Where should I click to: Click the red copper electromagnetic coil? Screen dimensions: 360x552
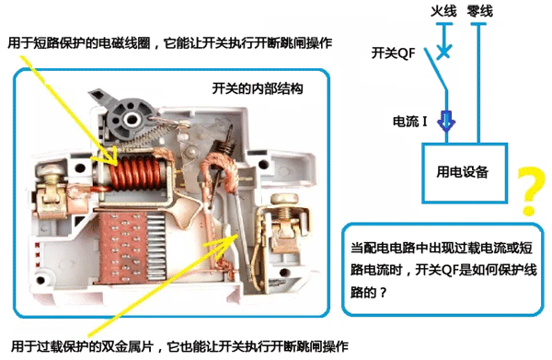tap(134, 174)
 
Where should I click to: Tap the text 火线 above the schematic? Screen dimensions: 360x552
tap(444, 11)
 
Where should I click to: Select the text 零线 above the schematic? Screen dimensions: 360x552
tap(479, 11)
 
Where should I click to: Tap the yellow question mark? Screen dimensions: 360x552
tap(527, 189)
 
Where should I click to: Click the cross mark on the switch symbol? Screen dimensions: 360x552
tap(444, 52)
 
